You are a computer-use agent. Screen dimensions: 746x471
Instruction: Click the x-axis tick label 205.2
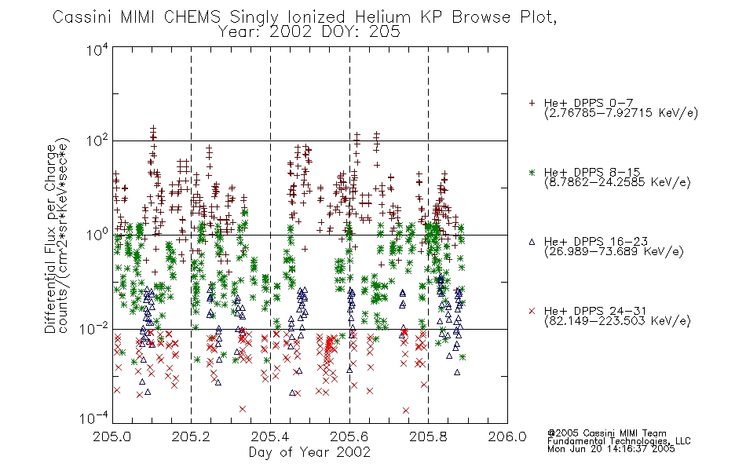(x=191, y=436)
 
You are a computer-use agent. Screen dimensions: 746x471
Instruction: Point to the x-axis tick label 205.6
(x=349, y=436)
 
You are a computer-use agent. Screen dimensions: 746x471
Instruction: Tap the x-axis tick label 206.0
(x=507, y=436)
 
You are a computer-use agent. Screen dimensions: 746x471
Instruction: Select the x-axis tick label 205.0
(x=112, y=436)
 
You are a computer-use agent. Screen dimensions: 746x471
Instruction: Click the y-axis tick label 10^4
(x=97, y=49)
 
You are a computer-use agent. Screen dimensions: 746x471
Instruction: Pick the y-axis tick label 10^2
(x=97, y=141)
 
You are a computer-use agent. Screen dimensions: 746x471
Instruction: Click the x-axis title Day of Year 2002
(x=309, y=452)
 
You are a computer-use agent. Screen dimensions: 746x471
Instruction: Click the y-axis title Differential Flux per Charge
(x=50, y=239)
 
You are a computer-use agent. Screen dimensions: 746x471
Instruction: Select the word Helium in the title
(x=382, y=17)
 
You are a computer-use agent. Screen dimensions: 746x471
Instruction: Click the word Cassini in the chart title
(x=82, y=17)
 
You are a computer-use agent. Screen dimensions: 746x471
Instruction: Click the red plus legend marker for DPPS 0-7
(x=532, y=103)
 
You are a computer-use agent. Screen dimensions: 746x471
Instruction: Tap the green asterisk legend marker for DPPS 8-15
(x=532, y=172)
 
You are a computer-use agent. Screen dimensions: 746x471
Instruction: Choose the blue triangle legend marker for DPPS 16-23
(x=532, y=242)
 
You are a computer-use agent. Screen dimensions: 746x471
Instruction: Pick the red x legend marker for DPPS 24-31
(x=532, y=311)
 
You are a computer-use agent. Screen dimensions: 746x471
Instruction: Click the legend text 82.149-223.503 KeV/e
(x=617, y=321)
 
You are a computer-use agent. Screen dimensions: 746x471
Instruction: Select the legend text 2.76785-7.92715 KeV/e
(x=621, y=113)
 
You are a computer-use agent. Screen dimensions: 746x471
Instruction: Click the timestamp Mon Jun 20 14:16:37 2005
(x=611, y=449)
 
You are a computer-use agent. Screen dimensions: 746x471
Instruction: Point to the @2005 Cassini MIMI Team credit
(x=607, y=433)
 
